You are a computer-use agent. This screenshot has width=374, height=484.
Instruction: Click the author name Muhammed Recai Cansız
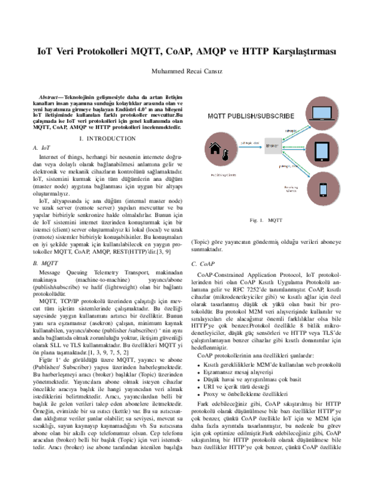click(187, 70)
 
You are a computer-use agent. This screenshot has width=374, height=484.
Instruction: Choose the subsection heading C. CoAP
click(203, 264)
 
